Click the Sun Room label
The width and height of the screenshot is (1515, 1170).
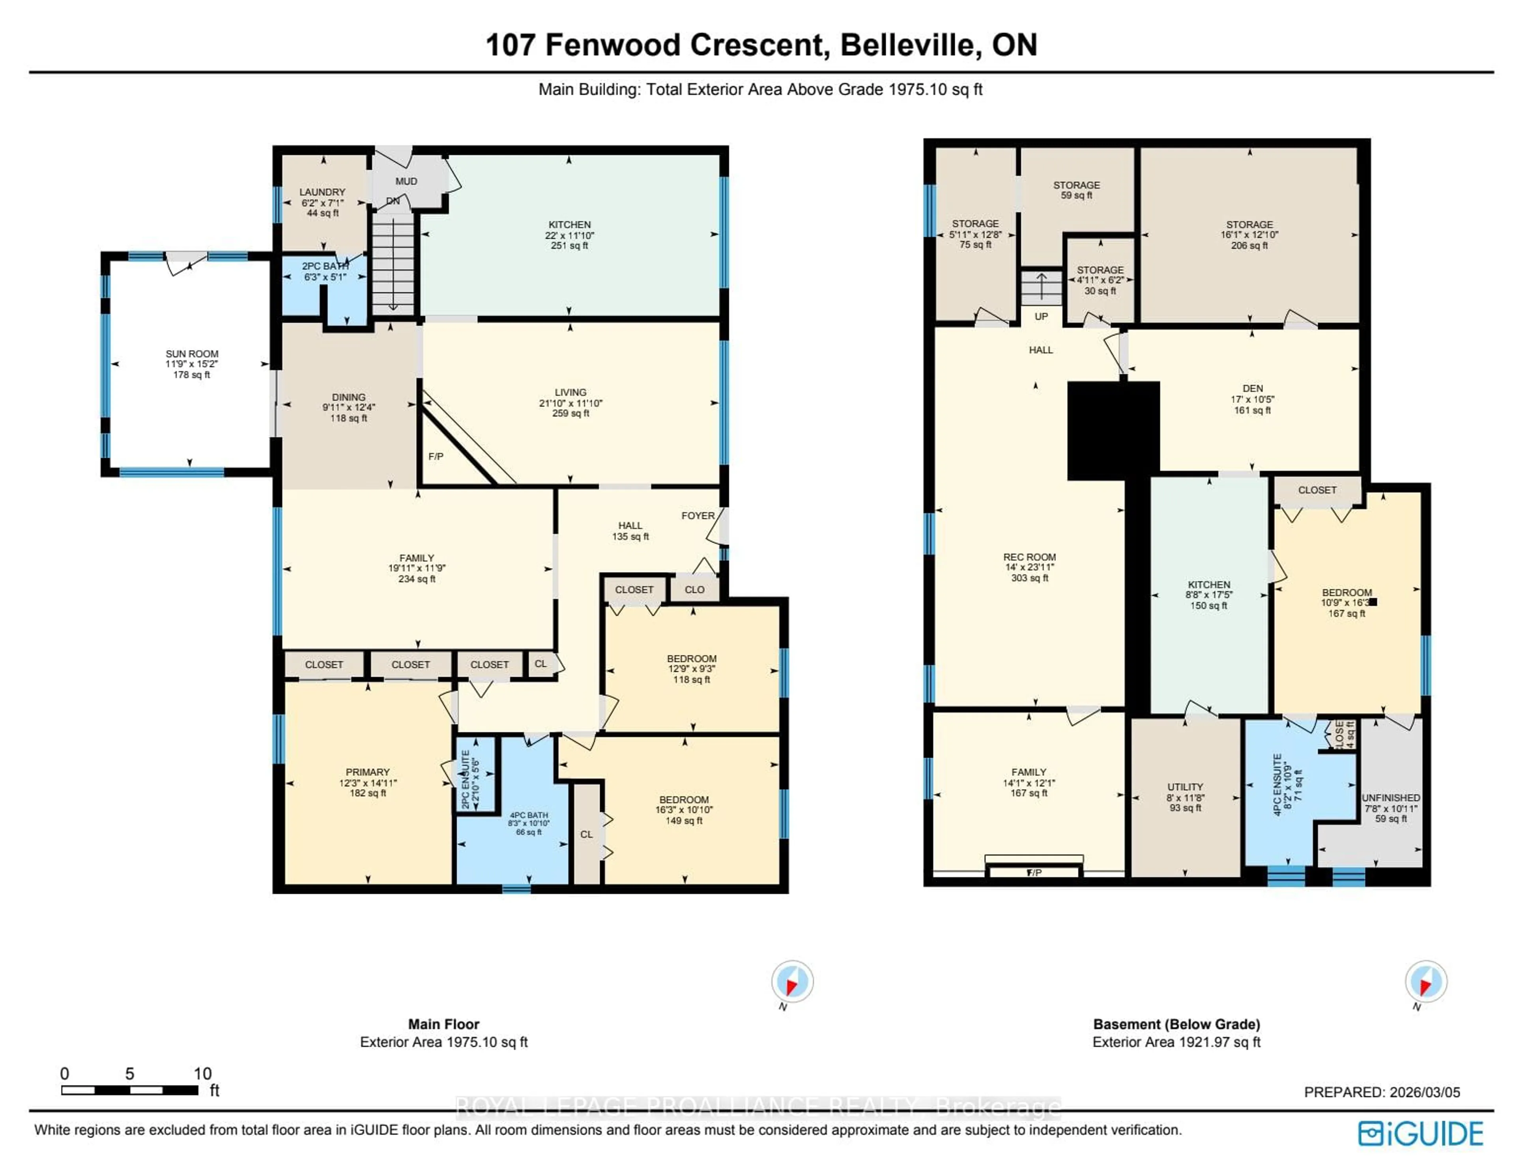191,354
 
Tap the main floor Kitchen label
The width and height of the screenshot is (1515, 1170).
569,225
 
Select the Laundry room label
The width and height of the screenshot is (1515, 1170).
322,192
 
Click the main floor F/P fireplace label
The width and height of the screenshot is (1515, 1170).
436,457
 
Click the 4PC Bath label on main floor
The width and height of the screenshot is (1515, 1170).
529,815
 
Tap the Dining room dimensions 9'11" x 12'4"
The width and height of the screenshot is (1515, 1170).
348,408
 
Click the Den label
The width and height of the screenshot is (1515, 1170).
1252,389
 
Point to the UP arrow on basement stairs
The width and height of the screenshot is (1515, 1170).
1041,285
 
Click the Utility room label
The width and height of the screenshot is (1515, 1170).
1185,787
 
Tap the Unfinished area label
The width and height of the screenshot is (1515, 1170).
1390,798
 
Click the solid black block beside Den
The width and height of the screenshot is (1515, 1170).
1113,430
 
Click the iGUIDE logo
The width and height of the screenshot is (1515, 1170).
1421,1134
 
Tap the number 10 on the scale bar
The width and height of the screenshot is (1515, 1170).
202,1074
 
